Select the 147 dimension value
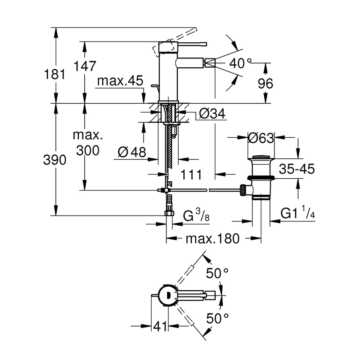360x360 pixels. tap(85, 66)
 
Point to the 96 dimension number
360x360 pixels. tap(265, 84)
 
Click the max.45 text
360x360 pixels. tap(119, 81)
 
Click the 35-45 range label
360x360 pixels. tap(296, 169)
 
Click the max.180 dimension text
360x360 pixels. tap(213, 238)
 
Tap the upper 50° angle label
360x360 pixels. tap(217, 274)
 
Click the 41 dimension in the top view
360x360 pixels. tap(160, 327)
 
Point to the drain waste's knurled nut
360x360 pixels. tap(244, 190)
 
